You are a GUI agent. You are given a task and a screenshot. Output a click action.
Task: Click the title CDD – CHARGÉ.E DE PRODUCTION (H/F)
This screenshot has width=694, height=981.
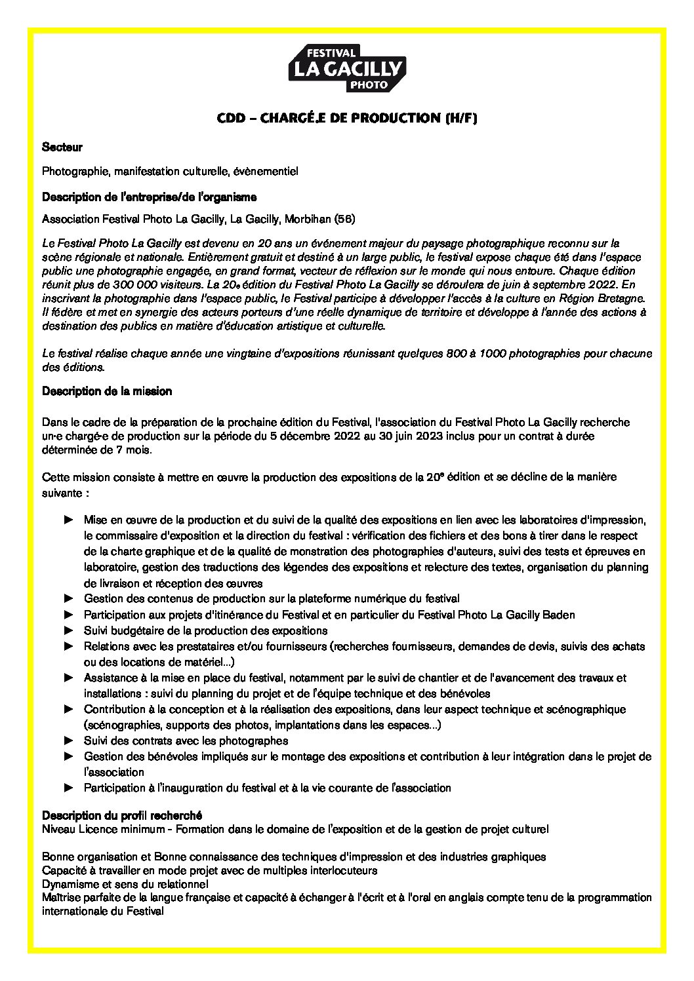[347, 119]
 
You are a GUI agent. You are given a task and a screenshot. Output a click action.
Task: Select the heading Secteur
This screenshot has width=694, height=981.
[62, 147]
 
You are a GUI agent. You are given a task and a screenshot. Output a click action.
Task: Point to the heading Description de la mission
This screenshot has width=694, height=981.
[107, 391]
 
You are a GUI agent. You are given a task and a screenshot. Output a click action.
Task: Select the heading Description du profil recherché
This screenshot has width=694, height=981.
[122, 815]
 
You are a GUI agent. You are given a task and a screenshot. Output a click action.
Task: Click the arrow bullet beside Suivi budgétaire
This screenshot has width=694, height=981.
[68, 630]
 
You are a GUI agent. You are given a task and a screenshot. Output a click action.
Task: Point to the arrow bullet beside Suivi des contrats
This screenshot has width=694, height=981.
[68, 741]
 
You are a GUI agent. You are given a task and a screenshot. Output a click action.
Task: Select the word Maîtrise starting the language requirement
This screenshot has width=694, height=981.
[60, 897]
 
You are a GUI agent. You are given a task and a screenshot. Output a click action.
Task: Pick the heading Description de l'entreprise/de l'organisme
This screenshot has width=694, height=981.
[150, 197]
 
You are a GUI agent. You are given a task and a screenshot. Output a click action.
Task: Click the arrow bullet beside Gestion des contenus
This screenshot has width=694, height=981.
[68, 598]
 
